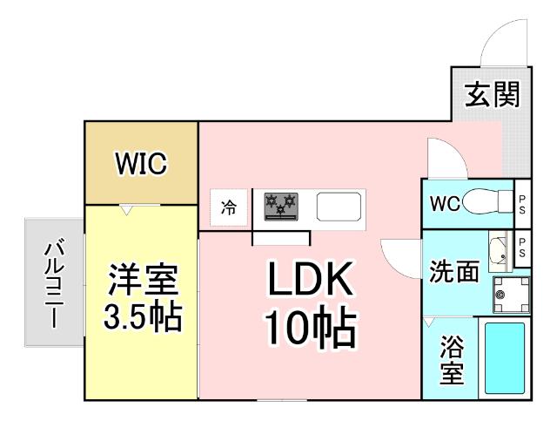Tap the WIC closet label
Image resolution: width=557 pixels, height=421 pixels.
pos(141,163)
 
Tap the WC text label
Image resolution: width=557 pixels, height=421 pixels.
pos(444,204)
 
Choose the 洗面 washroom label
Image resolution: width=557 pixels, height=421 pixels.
pos(453,273)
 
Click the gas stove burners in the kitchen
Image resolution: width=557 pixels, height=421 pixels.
pos(280,207)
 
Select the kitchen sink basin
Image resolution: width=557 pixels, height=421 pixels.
pos(337,207)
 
